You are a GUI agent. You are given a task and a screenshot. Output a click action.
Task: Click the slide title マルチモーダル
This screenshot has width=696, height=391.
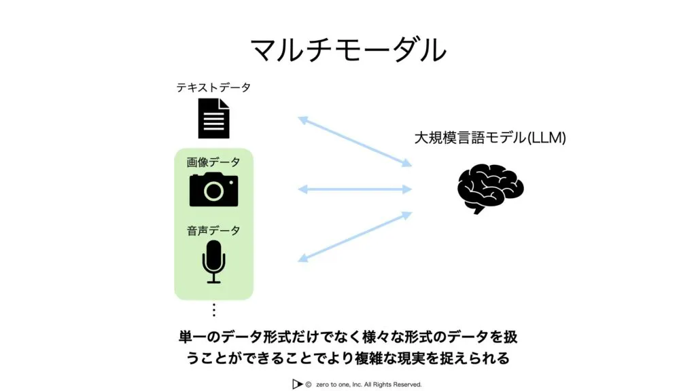[x=348, y=50]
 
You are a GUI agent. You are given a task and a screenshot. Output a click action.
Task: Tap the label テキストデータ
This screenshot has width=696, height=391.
[x=213, y=88]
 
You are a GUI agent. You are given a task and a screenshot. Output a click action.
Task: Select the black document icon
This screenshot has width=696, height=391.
[x=213, y=118]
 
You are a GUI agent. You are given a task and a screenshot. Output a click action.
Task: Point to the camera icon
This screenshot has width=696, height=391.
[x=213, y=189]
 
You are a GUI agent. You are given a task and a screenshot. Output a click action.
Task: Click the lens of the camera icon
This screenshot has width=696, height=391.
[x=213, y=191]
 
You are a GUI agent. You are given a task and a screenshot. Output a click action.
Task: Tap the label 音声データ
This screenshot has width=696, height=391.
[x=213, y=231]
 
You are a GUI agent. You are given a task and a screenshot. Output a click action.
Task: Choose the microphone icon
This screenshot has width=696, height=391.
[x=213, y=261]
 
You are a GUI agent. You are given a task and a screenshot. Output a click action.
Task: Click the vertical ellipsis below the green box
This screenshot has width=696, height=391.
[x=213, y=310]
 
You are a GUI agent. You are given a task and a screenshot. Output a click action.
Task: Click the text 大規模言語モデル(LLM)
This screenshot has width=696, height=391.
[x=489, y=138]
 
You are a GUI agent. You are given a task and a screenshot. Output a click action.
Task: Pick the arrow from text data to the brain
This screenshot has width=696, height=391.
[x=355, y=141]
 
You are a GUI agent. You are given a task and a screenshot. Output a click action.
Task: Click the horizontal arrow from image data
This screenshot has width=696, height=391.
[x=355, y=189]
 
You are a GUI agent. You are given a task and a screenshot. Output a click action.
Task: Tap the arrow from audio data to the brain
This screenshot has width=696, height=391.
[x=355, y=237]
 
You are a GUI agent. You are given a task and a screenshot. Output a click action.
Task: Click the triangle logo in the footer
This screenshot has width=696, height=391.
[x=296, y=384]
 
